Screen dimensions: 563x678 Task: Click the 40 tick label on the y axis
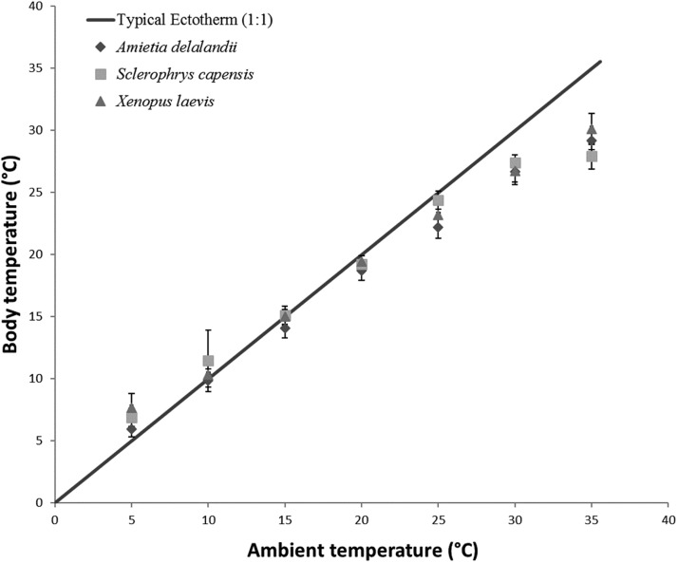click(35, 7)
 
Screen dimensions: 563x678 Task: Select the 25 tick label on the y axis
click(35, 193)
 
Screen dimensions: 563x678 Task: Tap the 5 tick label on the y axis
click(39, 441)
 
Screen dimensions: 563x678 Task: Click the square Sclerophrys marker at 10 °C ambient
click(208, 361)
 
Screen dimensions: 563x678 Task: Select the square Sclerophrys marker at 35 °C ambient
click(592, 156)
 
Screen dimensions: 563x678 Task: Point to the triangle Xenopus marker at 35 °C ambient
click(592, 129)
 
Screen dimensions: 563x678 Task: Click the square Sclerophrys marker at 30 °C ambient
click(515, 163)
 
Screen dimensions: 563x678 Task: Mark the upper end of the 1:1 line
click(600, 62)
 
